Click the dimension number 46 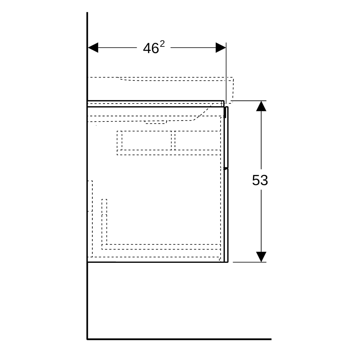coord(151,48)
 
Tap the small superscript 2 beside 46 coord(162,44)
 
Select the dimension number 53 coord(260,180)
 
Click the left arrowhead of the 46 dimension coord(93,48)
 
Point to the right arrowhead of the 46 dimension coord(221,48)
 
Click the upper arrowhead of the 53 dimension coord(261,106)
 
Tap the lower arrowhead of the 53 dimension coord(261,257)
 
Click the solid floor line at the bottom coord(179,339)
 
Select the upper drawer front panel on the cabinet coord(226,137)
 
